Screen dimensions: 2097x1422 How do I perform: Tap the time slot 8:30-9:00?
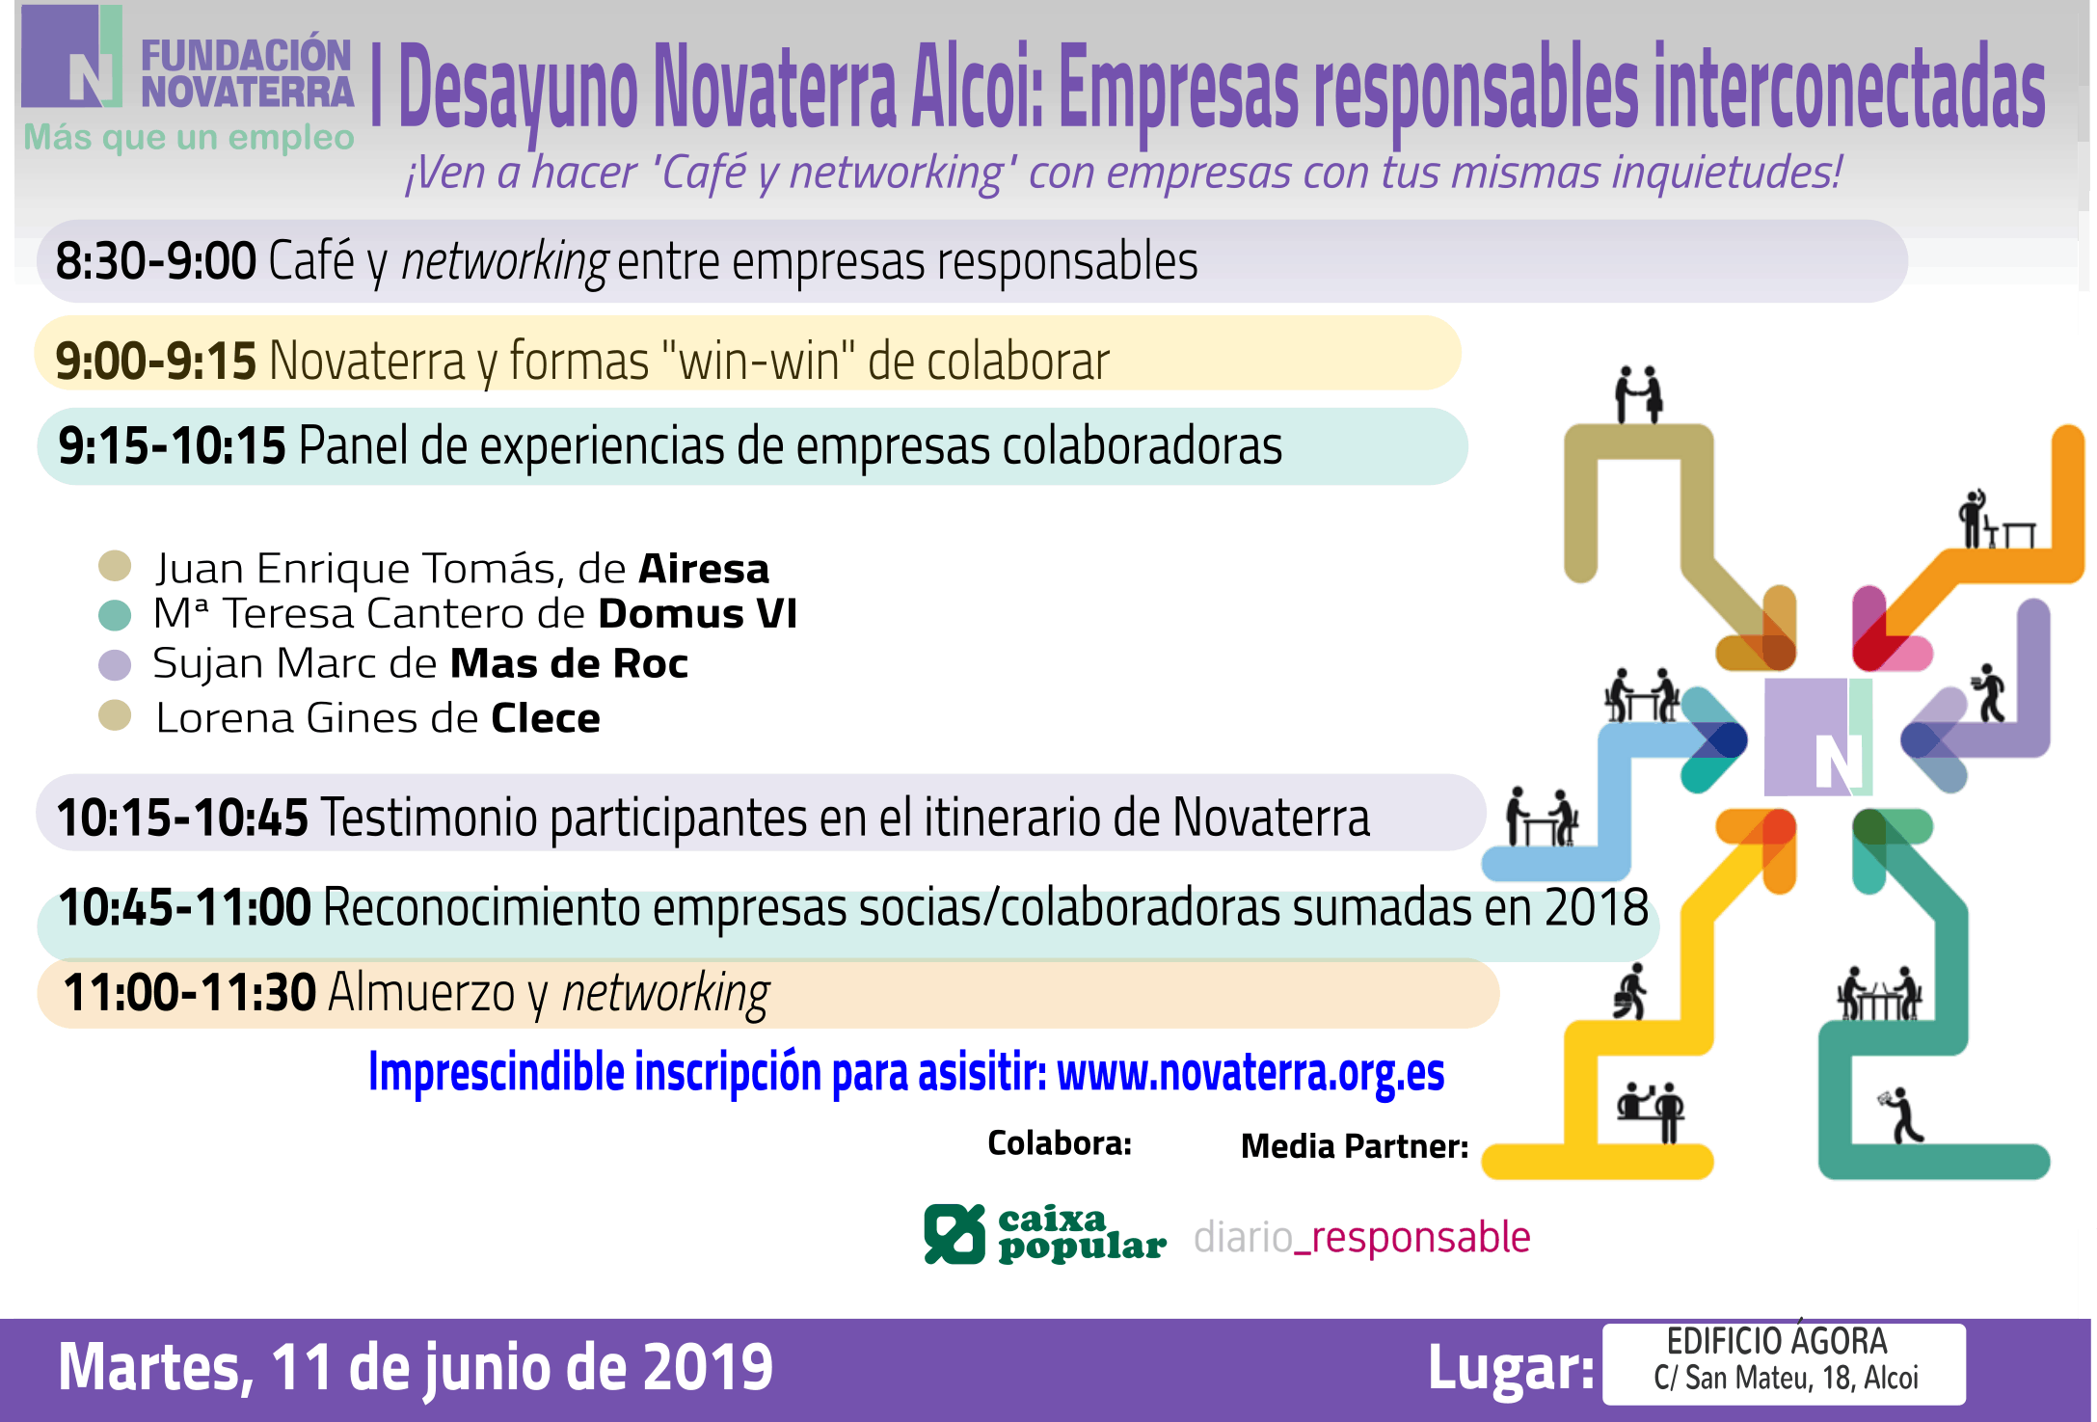(155, 261)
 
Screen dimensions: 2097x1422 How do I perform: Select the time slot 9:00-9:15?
(155, 362)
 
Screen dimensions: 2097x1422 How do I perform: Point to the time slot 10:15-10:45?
(182, 818)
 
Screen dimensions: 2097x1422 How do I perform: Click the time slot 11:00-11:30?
(189, 993)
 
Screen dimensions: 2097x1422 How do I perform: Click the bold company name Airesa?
(704, 569)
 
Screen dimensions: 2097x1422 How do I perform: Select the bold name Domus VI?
(698, 614)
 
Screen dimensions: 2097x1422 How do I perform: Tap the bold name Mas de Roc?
(569, 664)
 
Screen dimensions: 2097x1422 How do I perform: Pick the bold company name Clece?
(546, 718)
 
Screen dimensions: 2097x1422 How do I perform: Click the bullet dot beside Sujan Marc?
(115, 665)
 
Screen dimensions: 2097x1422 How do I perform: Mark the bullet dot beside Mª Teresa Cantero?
(115, 615)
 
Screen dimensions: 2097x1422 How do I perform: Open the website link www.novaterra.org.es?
(1250, 1072)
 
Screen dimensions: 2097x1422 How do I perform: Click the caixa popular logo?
(1045, 1234)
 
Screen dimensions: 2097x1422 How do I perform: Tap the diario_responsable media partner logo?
(1361, 1237)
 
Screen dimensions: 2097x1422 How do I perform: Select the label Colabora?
(1060, 1143)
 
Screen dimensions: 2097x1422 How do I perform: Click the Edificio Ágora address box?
(1784, 1363)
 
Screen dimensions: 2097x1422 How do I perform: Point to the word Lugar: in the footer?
(1511, 1367)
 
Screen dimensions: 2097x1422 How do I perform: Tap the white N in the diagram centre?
(1838, 764)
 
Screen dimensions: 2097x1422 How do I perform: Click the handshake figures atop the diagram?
(1639, 394)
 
